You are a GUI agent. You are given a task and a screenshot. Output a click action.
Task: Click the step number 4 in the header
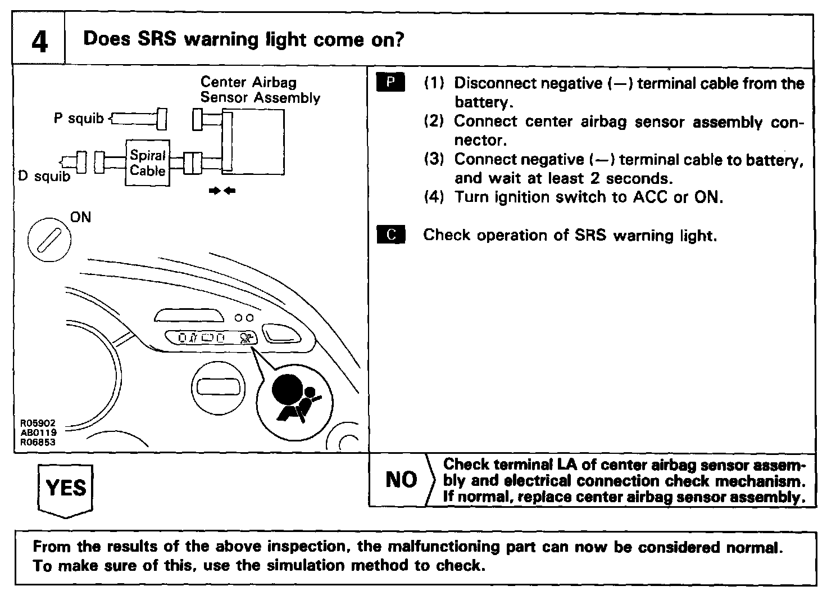(39, 41)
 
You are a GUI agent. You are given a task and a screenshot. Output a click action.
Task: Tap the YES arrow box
(66, 488)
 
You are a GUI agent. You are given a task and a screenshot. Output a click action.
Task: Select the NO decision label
(401, 480)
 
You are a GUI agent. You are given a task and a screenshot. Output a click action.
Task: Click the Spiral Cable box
(147, 163)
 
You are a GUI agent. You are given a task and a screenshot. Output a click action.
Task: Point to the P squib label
(79, 119)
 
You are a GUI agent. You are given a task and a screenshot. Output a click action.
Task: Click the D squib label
(44, 176)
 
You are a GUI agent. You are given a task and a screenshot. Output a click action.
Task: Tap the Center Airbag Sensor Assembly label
(260, 90)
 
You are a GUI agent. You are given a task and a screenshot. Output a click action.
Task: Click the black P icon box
(390, 83)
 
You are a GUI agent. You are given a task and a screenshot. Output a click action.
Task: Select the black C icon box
(390, 235)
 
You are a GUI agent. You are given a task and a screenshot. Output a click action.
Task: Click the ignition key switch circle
(49, 240)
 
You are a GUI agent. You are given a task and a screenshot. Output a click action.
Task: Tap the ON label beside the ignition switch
(80, 218)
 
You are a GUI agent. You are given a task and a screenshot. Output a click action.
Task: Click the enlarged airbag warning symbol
(294, 400)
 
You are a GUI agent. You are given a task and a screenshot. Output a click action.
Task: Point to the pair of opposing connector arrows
(222, 191)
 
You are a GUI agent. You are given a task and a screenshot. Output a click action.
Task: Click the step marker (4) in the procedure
(434, 197)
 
